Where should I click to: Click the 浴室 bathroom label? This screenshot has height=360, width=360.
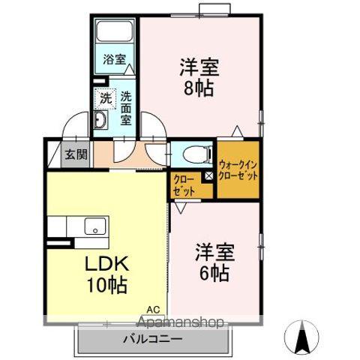point(114,58)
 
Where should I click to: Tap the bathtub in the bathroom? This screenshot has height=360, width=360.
point(115,33)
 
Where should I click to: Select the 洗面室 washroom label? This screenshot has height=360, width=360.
point(125,108)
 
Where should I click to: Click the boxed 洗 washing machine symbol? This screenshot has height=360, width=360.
point(106,97)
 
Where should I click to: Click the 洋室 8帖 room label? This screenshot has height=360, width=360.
point(199,77)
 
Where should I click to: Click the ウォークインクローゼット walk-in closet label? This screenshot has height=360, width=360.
point(238,169)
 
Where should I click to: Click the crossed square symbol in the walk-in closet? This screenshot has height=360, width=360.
point(210,176)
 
